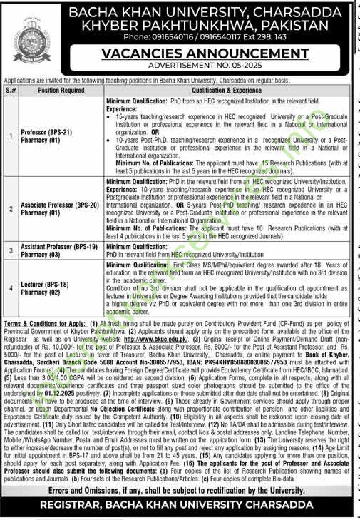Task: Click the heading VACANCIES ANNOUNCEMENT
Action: (205, 53)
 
